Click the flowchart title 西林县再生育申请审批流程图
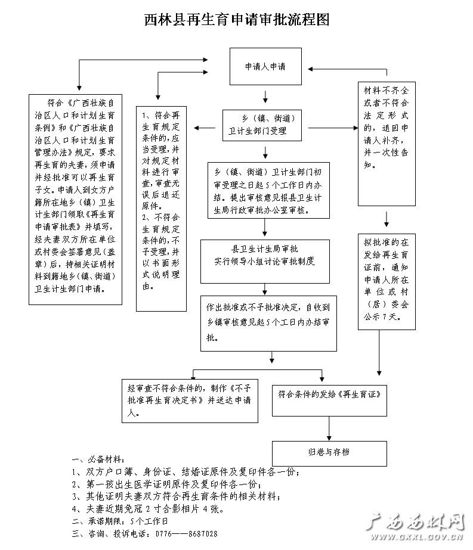click(237, 20)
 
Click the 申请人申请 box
click(265, 66)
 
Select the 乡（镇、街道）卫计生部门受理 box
click(262, 125)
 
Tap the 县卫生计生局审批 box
click(265, 262)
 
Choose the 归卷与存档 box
click(329, 453)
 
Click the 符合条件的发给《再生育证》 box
click(329, 400)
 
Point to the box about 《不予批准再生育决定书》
click(190, 400)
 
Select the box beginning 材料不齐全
click(387, 144)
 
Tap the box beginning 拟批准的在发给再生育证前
click(387, 282)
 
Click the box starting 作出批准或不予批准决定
click(268, 324)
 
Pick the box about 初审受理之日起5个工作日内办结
click(268, 191)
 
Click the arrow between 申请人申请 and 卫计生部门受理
click(265, 97)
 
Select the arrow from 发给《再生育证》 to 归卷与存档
click(329, 428)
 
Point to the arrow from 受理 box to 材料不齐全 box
click(333, 128)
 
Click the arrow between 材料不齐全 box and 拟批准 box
click(387, 219)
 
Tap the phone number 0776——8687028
click(187, 534)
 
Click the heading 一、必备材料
click(98, 459)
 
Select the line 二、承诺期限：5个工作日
click(120, 521)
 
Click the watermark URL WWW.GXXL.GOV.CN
click(417, 537)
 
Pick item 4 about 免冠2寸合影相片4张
click(147, 509)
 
